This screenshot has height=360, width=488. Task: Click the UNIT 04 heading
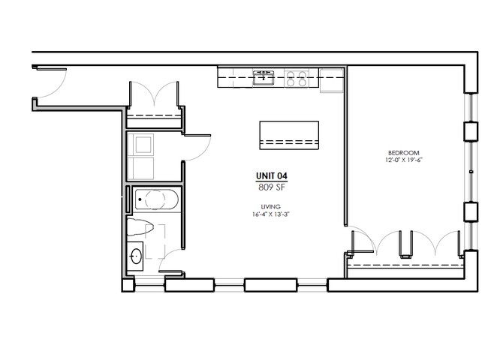[271, 176]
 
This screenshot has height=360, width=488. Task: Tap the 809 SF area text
[271, 187]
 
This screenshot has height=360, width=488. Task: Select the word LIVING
[271, 206]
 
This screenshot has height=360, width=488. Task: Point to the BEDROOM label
[404, 153]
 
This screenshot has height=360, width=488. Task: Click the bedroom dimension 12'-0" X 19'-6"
[404, 160]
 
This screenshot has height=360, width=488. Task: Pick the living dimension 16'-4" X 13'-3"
[271, 214]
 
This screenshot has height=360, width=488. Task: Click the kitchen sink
[264, 77]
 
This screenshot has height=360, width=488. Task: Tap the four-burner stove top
[297, 78]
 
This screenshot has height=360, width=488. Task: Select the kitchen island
[289, 135]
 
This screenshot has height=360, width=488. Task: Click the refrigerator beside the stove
[332, 80]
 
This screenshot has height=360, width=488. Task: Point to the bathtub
[157, 199]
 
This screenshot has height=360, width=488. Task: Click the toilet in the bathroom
[140, 227]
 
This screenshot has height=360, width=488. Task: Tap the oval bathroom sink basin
[136, 256]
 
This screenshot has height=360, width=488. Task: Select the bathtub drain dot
[140, 199]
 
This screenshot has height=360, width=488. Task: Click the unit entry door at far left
[50, 82]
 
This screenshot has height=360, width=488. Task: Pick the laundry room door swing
[197, 148]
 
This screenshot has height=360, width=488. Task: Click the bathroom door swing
[170, 260]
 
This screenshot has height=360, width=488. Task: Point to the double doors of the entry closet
[154, 94]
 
